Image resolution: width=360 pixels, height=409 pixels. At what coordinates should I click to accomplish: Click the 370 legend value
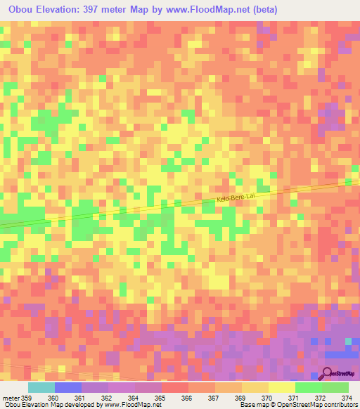pyautogui.click(x=266, y=397)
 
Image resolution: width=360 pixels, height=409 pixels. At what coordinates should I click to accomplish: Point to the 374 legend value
pyautogui.click(x=345, y=397)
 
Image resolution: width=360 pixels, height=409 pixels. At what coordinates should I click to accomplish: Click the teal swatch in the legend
pyautogui.click(x=41, y=387)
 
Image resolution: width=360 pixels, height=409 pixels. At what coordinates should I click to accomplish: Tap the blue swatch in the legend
pyautogui.click(x=67, y=387)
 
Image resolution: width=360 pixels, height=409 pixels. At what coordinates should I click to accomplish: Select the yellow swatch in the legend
pyautogui.click(x=281, y=387)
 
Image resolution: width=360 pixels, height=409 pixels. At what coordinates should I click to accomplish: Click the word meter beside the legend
pyautogui.click(x=9, y=397)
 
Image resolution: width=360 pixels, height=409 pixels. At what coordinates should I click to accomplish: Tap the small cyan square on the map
pyautogui.click(x=347, y=342)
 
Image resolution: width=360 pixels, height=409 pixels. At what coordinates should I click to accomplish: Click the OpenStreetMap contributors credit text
pyautogui.click(x=310, y=405)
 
